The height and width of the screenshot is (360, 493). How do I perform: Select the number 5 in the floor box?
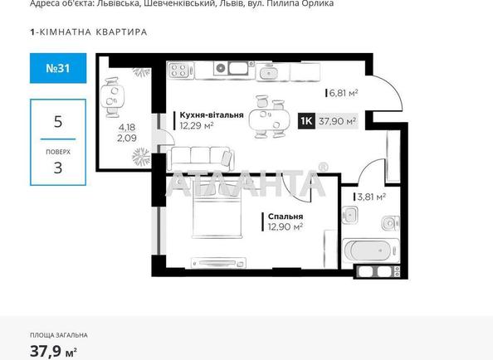click(x=57, y=121)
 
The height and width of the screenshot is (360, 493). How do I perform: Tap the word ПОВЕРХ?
click(x=57, y=152)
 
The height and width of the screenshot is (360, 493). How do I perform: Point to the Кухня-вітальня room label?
click(x=211, y=115)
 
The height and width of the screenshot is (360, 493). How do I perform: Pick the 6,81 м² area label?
click(x=343, y=93)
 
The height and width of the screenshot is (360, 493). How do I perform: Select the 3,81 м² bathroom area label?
click(x=371, y=197)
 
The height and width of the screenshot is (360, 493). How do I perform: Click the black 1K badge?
click(x=305, y=121)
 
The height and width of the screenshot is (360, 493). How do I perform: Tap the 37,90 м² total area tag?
click(x=338, y=121)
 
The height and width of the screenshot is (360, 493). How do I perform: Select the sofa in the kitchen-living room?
click(x=200, y=156)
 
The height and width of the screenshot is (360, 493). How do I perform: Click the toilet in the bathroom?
click(x=388, y=222)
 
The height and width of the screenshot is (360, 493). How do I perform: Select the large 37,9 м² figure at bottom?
click(x=50, y=350)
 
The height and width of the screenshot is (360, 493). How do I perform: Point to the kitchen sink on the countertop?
click(x=270, y=72)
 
